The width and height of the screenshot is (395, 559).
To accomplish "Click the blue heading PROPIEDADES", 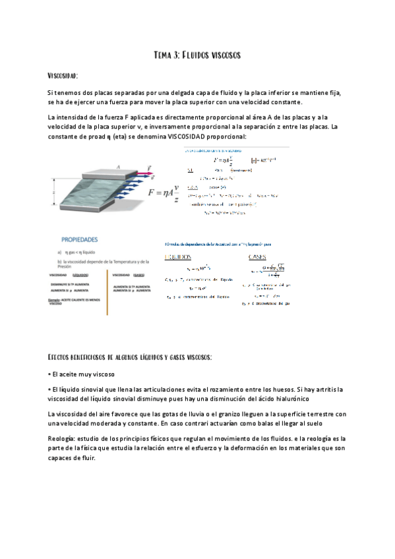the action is [80, 240].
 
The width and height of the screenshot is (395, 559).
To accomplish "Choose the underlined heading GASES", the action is [257, 256].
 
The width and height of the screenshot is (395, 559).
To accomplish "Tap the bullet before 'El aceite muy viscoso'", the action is [49, 374].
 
